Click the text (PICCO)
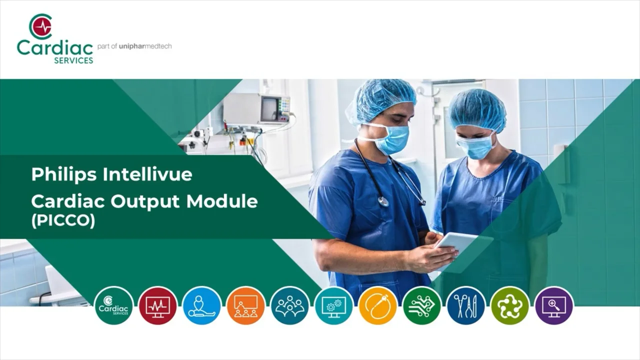(x=63, y=220)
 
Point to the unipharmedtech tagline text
(x=134, y=46)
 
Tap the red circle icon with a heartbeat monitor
(x=157, y=305)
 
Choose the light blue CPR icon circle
(x=201, y=305)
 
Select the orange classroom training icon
(x=245, y=305)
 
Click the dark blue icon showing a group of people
(x=289, y=305)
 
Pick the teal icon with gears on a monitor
(x=333, y=305)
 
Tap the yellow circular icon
(x=377, y=305)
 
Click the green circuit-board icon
(x=421, y=305)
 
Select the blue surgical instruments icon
(x=465, y=305)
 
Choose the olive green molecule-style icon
(x=509, y=305)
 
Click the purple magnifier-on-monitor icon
(x=553, y=305)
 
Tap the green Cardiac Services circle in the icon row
(x=113, y=305)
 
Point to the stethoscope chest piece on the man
(x=383, y=201)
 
